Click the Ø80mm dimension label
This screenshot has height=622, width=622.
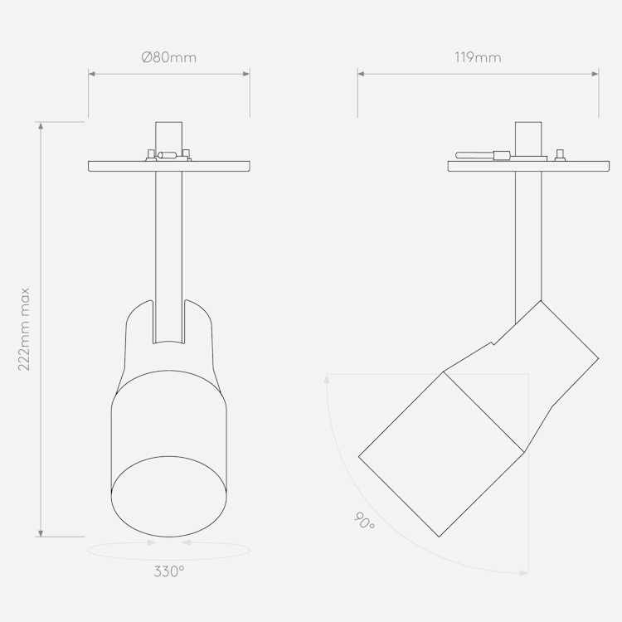pos(169,57)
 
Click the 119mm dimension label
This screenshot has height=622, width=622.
pos(478,57)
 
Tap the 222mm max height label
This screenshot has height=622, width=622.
pos(24,329)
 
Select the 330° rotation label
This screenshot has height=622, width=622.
pos(169,571)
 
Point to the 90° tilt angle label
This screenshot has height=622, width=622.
pos(364,521)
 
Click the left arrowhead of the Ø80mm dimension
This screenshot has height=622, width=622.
pos(91,74)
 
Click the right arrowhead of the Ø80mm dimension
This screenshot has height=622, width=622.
pos(246,74)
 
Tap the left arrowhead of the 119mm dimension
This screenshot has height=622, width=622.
pos(361,74)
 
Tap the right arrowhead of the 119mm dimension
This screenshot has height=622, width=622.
pos(595,74)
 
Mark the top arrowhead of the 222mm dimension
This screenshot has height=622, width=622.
pos(41,126)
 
